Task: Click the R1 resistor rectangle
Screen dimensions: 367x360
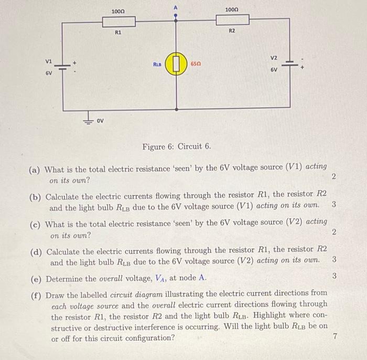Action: coord(118,21)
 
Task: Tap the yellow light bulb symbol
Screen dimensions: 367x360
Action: coord(176,65)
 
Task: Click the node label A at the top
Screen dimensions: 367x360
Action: coord(176,6)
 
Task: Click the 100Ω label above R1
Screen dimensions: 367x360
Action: coord(118,11)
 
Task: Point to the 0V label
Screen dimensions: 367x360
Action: coord(101,121)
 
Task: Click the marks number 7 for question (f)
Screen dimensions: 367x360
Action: coord(334,337)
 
